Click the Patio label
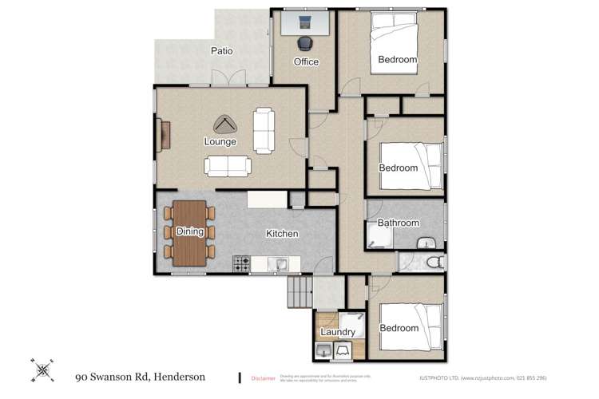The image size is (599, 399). click(x=221, y=51)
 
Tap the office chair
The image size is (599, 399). click(x=304, y=44)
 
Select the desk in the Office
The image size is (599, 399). click(x=304, y=22)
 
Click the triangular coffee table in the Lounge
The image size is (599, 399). click(x=225, y=125)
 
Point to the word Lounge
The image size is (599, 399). click(x=220, y=142)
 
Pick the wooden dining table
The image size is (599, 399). click(x=189, y=231)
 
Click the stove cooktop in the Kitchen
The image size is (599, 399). click(x=242, y=263)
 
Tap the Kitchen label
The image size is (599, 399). click(x=282, y=234)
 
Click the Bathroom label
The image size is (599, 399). click(x=398, y=223)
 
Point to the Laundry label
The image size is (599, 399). click(x=336, y=332)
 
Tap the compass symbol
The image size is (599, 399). click(x=42, y=368)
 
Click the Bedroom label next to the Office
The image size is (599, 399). click(x=397, y=60)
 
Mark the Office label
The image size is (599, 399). click(x=305, y=61)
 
